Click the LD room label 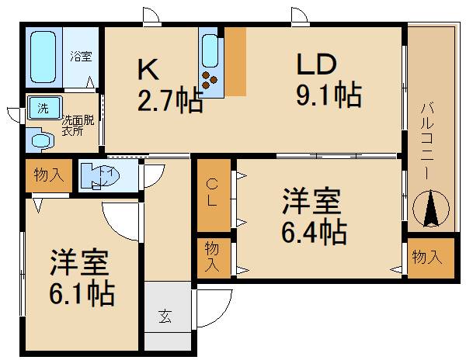(x=317, y=64)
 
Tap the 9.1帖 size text (x=329, y=95)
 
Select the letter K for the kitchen (x=148, y=70)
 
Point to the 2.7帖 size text (x=170, y=101)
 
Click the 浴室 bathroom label (x=81, y=57)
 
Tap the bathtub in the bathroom (x=43, y=57)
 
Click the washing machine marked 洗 (x=44, y=107)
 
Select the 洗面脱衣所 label (x=78, y=126)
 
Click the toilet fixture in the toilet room (x=100, y=175)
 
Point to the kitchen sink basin (x=210, y=50)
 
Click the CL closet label (x=212, y=193)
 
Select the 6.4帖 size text (x=314, y=232)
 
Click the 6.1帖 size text (x=82, y=293)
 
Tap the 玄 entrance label (x=165, y=316)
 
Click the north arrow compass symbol (x=431, y=209)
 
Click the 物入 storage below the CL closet (x=212, y=256)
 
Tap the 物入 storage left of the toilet (x=49, y=175)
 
